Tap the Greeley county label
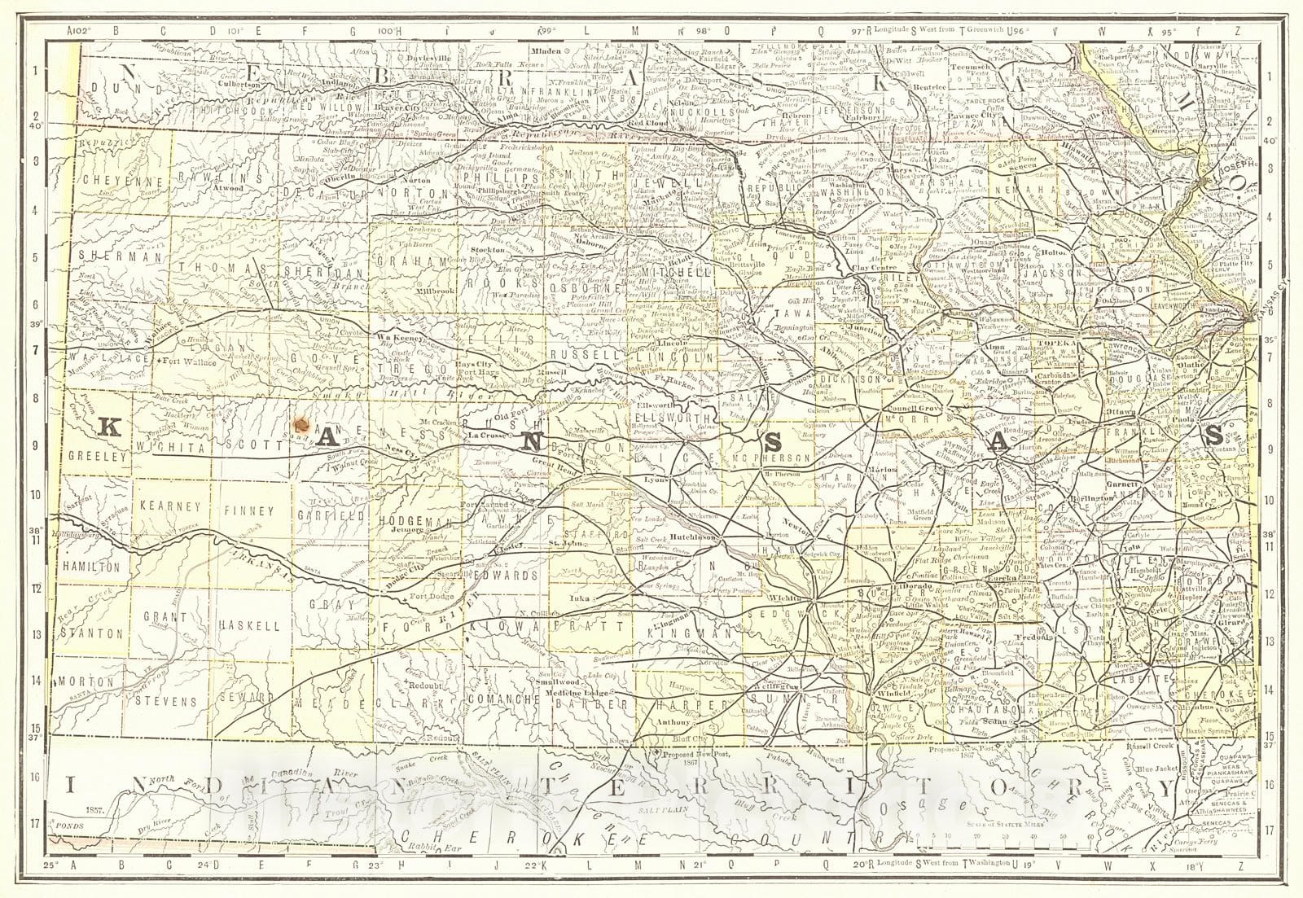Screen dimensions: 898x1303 pyautogui.click(x=99, y=457)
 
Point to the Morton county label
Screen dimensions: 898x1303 pyautogui.click(x=84, y=680)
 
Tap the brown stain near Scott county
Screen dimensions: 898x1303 pyautogui.click(x=301, y=423)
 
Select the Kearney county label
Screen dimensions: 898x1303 pyautogui.click(x=170, y=506)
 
